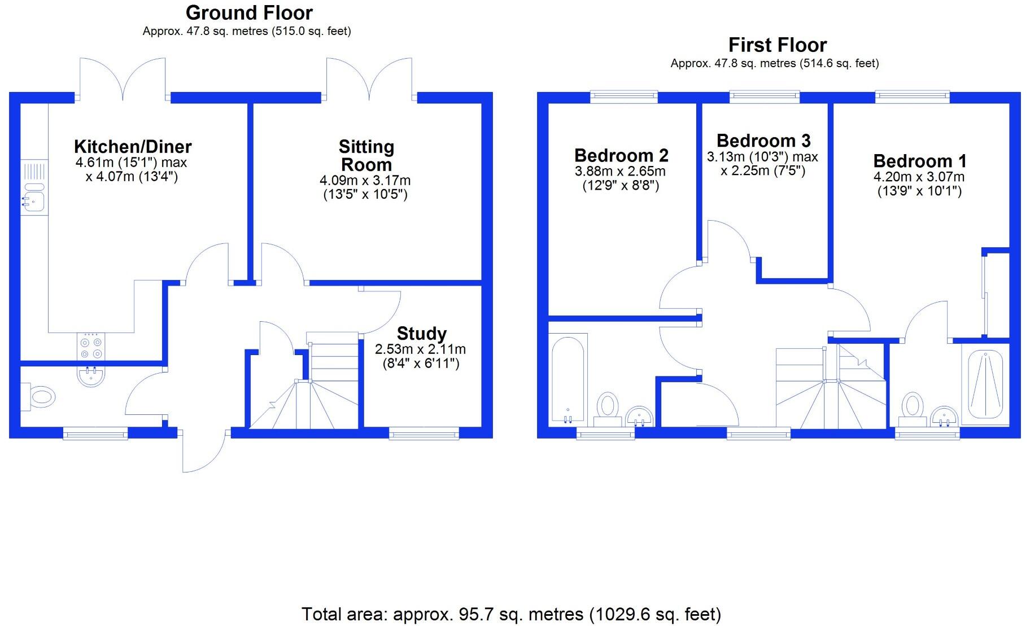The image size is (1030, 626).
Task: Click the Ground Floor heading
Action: [249, 12]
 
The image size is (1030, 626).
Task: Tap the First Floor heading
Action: [777, 45]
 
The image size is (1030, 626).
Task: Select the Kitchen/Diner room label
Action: [133, 147]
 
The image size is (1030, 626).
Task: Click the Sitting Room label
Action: [366, 156]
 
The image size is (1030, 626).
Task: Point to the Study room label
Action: [421, 333]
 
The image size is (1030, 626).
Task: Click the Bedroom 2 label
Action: [621, 155]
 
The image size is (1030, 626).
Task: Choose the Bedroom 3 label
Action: [763, 140]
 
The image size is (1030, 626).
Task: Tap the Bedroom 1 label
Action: [919, 161]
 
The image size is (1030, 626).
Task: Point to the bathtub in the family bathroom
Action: [568, 378]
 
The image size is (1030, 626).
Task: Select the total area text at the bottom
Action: [511, 614]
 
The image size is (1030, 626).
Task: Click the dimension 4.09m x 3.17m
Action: [365, 181]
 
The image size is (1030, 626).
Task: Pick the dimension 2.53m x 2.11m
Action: [420, 349]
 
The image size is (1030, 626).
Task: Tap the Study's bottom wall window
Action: [424, 434]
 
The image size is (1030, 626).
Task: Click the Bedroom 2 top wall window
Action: [624, 97]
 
